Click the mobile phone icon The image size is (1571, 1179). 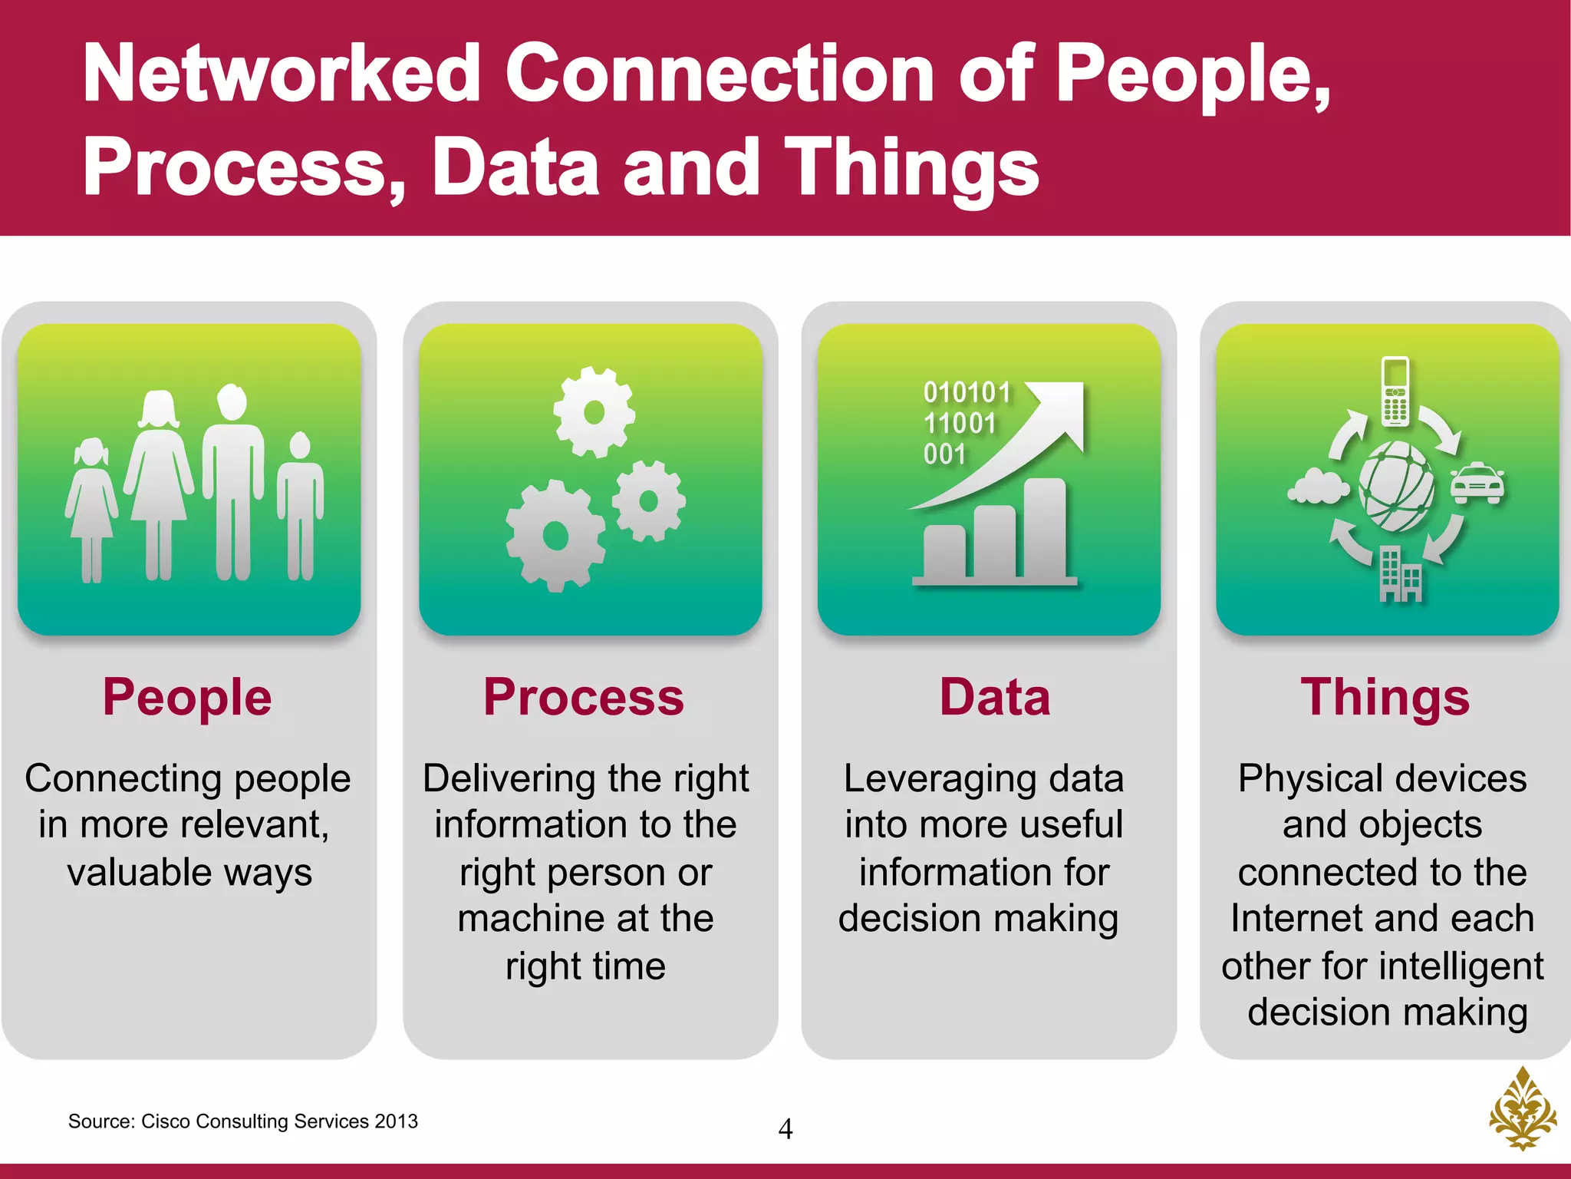[x=1395, y=391]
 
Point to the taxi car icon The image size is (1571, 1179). [x=1477, y=484]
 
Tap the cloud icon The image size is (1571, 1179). [x=1318, y=486]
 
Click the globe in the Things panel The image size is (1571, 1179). [x=1396, y=486]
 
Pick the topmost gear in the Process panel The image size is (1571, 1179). [x=594, y=412]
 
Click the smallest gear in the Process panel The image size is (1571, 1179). [x=649, y=501]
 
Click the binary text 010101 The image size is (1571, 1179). [x=967, y=392]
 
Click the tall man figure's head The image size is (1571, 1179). [x=232, y=401]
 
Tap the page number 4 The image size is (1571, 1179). [x=785, y=1129]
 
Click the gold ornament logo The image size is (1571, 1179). [x=1523, y=1108]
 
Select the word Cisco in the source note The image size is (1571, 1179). [x=166, y=1121]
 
